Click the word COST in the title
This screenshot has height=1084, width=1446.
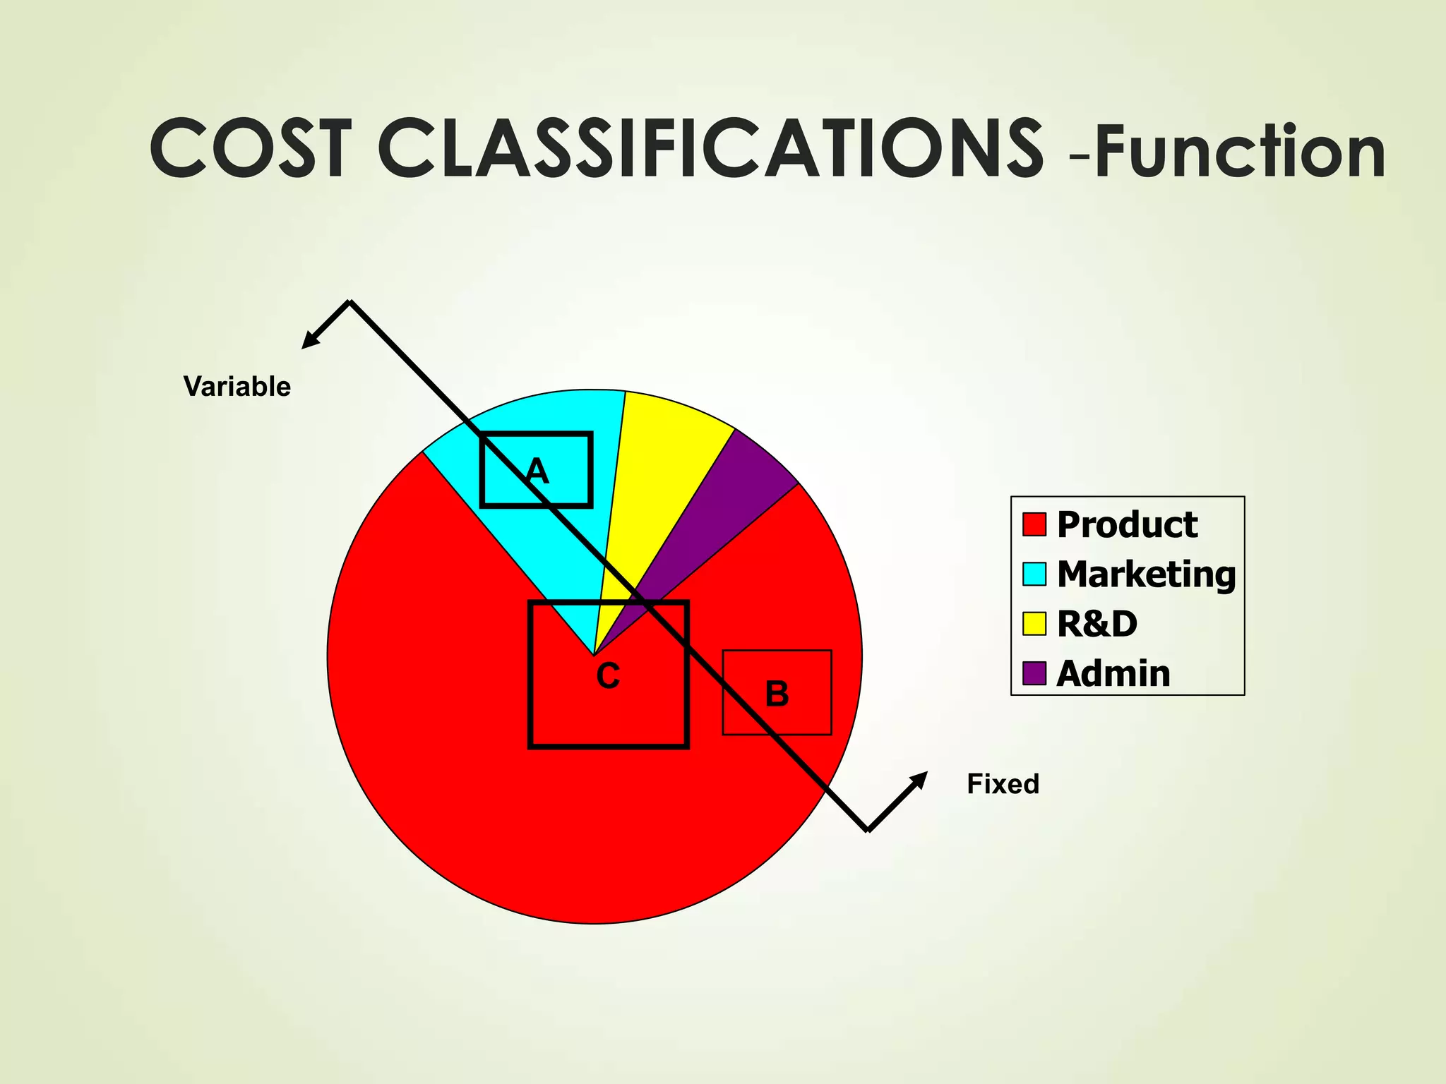[251, 150]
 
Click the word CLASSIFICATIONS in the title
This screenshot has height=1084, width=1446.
[710, 150]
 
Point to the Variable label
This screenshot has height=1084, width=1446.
[237, 387]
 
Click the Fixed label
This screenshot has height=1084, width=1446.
[1003, 784]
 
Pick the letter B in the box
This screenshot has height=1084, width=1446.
[777, 694]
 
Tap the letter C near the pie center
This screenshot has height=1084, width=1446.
[608, 677]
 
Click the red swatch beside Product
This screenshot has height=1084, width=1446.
[1034, 524]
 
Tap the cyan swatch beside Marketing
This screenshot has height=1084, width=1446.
[1034, 574]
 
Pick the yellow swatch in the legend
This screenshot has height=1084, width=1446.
[1034, 624]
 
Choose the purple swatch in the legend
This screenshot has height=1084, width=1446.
[1034, 673]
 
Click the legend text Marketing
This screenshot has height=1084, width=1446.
[1146, 574]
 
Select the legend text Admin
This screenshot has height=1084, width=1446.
[1113, 673]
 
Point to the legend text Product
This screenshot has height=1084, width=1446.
[1127, 524]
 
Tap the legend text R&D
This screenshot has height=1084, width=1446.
[1097, 624]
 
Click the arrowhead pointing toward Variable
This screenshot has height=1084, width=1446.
[309, 342]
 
